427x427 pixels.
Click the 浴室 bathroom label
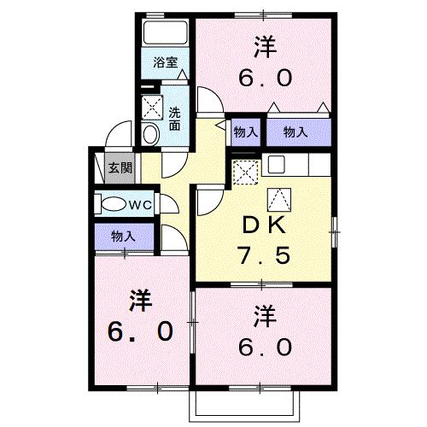click(166, 62)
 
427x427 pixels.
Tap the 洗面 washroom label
click(174, 118)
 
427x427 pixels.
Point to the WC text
click(140, 205)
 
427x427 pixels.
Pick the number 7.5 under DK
click(265, 255)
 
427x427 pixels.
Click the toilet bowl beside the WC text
click(113, 205)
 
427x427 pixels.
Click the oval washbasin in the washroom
click(150, 133)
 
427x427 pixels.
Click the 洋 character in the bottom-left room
click(141, 300)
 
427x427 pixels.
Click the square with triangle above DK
click(280, 202)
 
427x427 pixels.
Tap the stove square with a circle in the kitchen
click(277, 164)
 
